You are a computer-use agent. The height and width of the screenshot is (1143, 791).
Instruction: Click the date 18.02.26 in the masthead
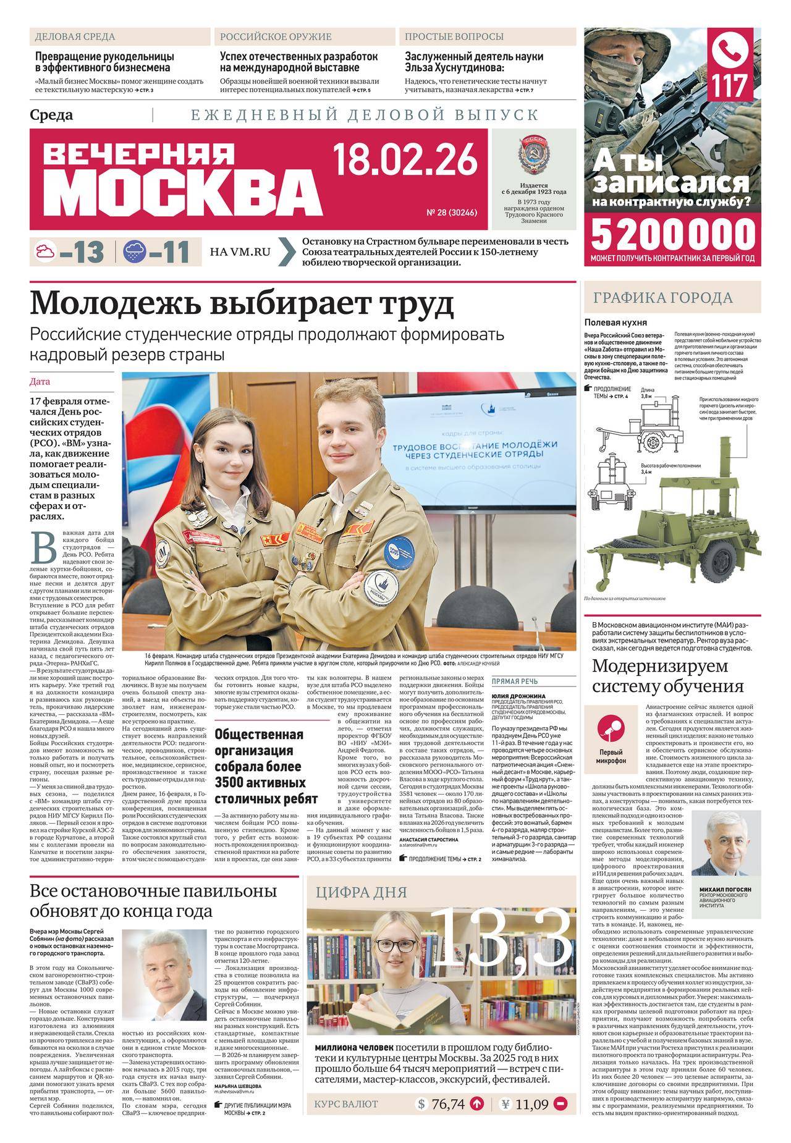click(x=405, y=158)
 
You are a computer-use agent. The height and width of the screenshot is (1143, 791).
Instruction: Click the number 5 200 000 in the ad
click(x=673, y=235)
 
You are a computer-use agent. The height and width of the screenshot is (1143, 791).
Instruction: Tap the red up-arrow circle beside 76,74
click(x=477, y=1121)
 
